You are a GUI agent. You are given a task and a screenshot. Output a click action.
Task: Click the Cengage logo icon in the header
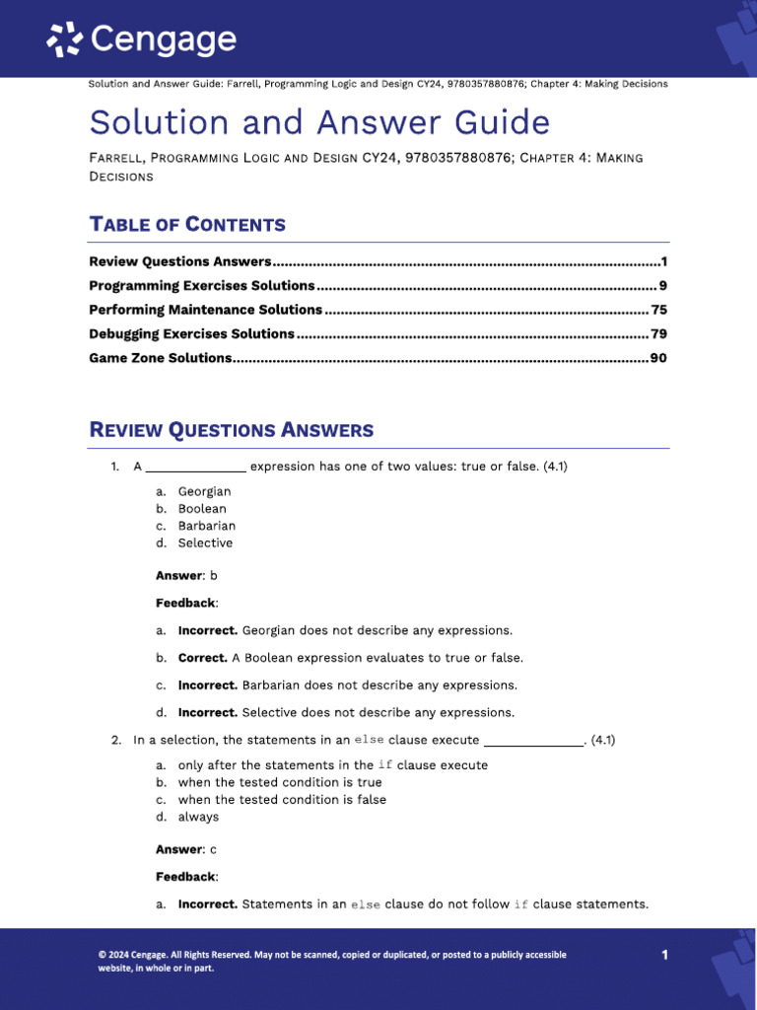click(x=66, y=39)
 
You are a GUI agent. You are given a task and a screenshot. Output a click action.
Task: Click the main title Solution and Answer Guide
click(x=319, y=123)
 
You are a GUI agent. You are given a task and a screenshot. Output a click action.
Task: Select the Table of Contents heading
click(x=187, y=224)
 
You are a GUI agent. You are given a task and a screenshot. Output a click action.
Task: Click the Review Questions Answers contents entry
click(x=179, y=261)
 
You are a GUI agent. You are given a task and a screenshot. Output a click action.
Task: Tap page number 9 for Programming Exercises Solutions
click(x=663, y=286)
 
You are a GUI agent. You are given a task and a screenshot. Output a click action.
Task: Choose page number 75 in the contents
click(x=659, y=310)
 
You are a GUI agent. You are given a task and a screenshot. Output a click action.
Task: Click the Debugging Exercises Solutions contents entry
click(x=191, y=333)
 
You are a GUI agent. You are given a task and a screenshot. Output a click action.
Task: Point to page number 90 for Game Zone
click(x=658, y=358)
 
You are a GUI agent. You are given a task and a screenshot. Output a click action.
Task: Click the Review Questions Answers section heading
click(x=231, y=430)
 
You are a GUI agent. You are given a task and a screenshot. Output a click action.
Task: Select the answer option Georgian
click(x=204, y=491)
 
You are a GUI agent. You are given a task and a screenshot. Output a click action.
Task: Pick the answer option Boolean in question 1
click(x=202, y=509)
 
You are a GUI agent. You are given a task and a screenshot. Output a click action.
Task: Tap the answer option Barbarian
click(x=206, y=526)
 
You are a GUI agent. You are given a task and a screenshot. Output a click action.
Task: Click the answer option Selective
click(x=205, y=543)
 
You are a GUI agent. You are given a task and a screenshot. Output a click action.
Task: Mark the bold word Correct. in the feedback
click(x=202, y=658)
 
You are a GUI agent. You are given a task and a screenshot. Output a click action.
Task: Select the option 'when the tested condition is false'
click(x=282, y=800)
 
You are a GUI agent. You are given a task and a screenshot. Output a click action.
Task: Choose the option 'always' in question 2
click(x=198, y=817)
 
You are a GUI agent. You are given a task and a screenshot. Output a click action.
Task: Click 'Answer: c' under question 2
click(x=185, y=849)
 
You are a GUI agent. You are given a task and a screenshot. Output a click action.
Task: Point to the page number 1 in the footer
click(x=664, y=955)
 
